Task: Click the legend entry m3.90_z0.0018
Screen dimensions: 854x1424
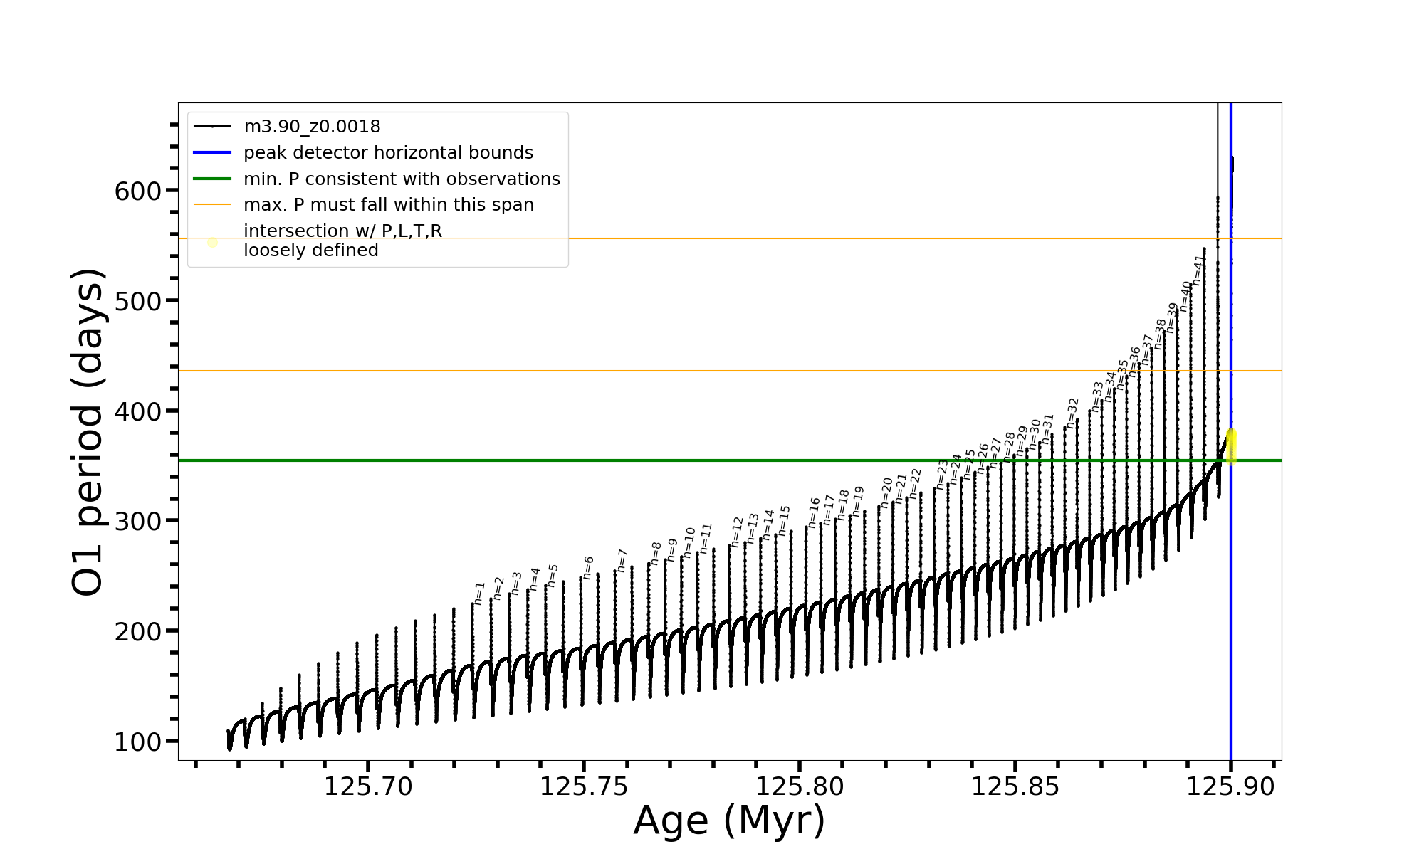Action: pyautogui.click(x=312, y=127)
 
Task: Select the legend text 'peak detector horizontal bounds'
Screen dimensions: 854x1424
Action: pyautogui.click(x=388, y=153)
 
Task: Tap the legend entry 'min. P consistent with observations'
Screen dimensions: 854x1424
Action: pyautogui.click(x=402, y=179)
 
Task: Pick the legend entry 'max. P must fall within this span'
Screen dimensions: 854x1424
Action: pyautogui.click(x=388, y=205)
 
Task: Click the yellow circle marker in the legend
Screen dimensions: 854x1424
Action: pyautogui.click(x=212, y=242)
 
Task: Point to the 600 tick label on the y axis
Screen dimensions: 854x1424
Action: pyautogui.click(x=138, y=191)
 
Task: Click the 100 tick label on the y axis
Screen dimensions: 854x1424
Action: pyautogui.click(x=138, y=742)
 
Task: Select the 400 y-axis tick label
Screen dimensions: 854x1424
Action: pyautogui.click(x=138, y=411)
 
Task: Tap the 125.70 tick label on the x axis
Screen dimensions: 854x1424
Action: pyautogui.click(x=368, y=787)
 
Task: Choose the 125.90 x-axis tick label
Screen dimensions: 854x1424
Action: pyautogui.click(x=1230, y=787)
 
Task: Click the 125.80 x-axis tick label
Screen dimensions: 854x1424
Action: pyautogui.click(x=800, y=787)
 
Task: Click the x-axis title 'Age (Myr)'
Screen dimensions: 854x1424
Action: pyautogui.click(x=729, y=821)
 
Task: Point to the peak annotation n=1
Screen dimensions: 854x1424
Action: pyautogui.click(x=479, y=594)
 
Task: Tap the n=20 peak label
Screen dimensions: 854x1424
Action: pyautogui.click(x=886, y=492)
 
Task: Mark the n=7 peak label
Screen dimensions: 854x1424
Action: pyautogui.click(x=622, y=560)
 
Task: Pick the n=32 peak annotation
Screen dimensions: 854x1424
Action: pyautogui.click(x=1072, y=413)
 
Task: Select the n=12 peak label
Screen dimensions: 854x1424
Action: pyautogui.click(x=737, y=532)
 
